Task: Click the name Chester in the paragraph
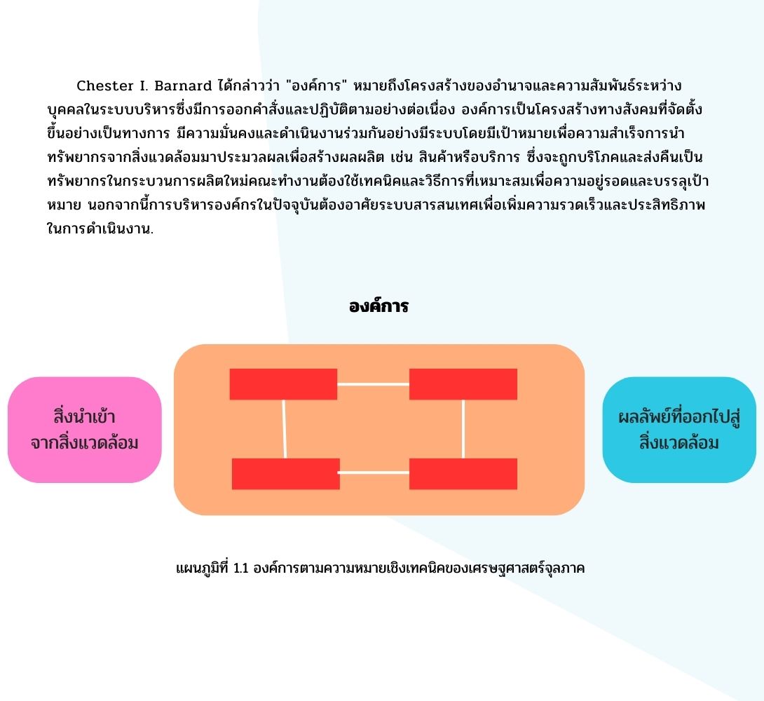(x=104, y=86)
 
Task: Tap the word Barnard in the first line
(x=183, y=86)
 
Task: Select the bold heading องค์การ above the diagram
(x=378, y=306)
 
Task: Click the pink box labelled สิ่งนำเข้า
(x=84, y=430)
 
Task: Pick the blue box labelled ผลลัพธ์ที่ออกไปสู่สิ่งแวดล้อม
(x=679, y=430)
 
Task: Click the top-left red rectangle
(x=284, y=384)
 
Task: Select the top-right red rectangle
(x=463, y=384)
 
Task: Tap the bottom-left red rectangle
(x=285, y=474)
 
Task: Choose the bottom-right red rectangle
(x=463, y=474)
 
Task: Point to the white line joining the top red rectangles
(x=373, y=384)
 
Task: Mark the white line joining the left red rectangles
(x=284, y=429)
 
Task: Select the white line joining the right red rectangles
(x=463, y=429)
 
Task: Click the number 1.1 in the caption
(x=240, y=568)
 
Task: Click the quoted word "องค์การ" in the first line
(x=317, y=86)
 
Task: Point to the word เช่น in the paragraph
(x=402, y=157)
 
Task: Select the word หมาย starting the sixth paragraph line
(x=64, y=205)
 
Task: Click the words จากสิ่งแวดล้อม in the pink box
(x=84, y=442)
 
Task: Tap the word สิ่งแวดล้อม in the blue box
(x=679, y=442)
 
